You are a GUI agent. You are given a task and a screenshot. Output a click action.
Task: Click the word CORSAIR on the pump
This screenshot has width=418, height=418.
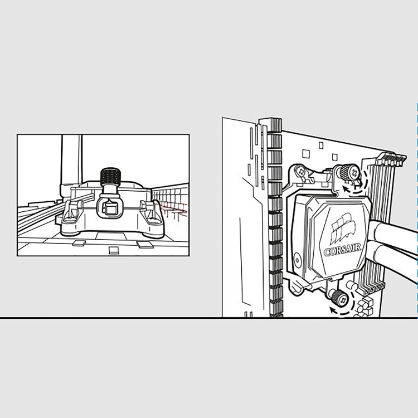(343, 250)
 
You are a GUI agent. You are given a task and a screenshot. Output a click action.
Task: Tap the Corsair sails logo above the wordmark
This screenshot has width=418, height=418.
(343, 227)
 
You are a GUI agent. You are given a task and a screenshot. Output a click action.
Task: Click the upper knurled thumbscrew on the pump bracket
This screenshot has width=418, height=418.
(349, 172)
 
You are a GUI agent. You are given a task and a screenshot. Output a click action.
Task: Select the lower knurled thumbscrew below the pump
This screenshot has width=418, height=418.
(339, 298)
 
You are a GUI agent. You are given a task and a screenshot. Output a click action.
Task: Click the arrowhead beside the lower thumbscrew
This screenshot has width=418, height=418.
(333, 310)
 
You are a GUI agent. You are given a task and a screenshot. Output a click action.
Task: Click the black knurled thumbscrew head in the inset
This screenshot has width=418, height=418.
(110, 176)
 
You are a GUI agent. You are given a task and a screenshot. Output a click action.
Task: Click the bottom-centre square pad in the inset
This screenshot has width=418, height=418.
(114, 250)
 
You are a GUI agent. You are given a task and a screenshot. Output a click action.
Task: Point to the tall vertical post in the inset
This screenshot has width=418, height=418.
(72, 160)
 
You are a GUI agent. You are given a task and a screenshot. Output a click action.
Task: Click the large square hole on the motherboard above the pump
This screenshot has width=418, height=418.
(306, 154)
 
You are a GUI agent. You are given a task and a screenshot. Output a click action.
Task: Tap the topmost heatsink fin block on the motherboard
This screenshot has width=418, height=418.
(274, 125)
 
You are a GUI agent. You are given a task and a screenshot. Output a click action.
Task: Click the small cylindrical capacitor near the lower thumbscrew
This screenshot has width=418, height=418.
(352, 286)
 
